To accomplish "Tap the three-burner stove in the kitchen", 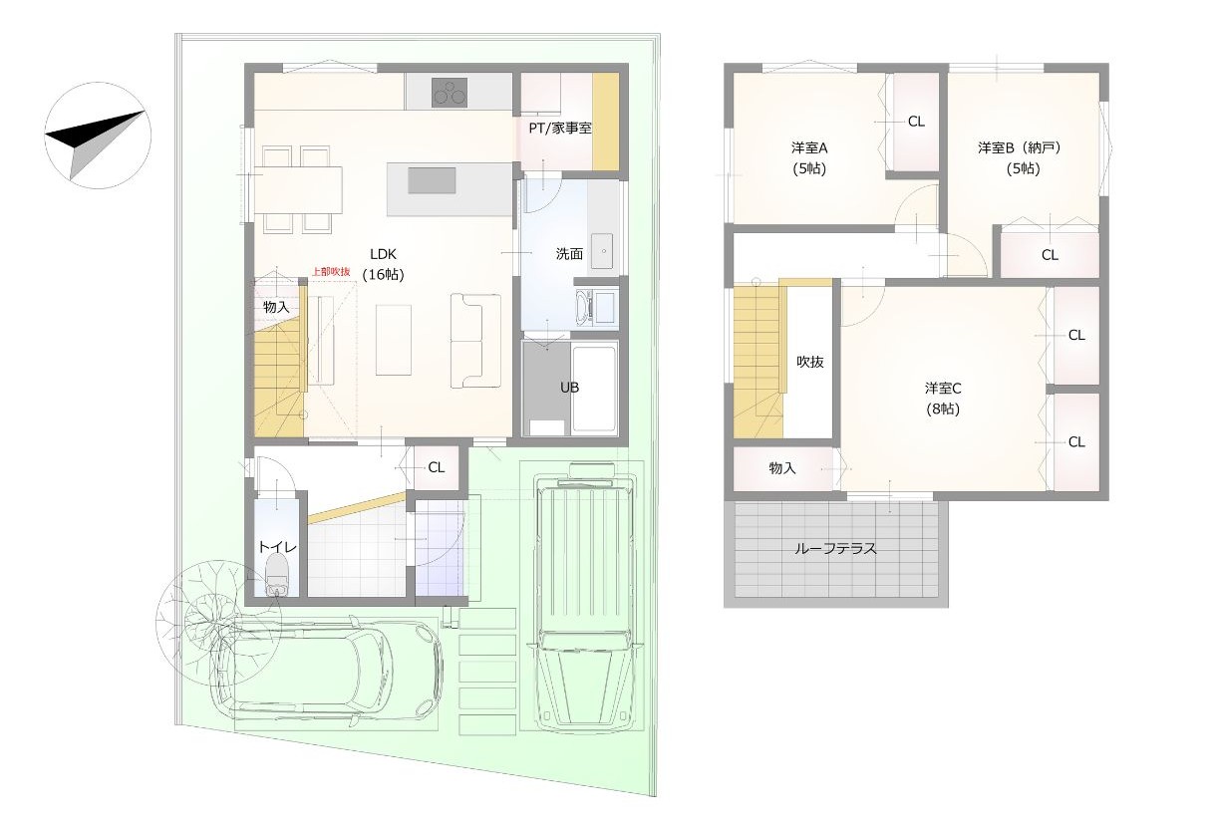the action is point(450,93).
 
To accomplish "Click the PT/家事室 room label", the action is point(560,129).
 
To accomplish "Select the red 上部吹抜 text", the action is point(331,272).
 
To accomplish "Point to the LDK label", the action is point(383,254).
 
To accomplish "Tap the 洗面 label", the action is point(569,253).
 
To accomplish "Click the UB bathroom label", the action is point(569,388).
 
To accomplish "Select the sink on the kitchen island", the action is point(432,180).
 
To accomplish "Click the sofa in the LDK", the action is point(475,341).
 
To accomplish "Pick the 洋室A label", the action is point(809,147).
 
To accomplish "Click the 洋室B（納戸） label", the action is point(1020,147).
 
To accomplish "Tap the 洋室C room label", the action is point(943,388).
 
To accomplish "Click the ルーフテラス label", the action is point(835,548).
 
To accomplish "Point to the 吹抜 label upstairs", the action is point(810,362).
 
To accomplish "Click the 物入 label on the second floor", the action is point(781,468).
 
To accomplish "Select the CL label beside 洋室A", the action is point(916,122).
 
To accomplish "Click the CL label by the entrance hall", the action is point(436,467).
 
